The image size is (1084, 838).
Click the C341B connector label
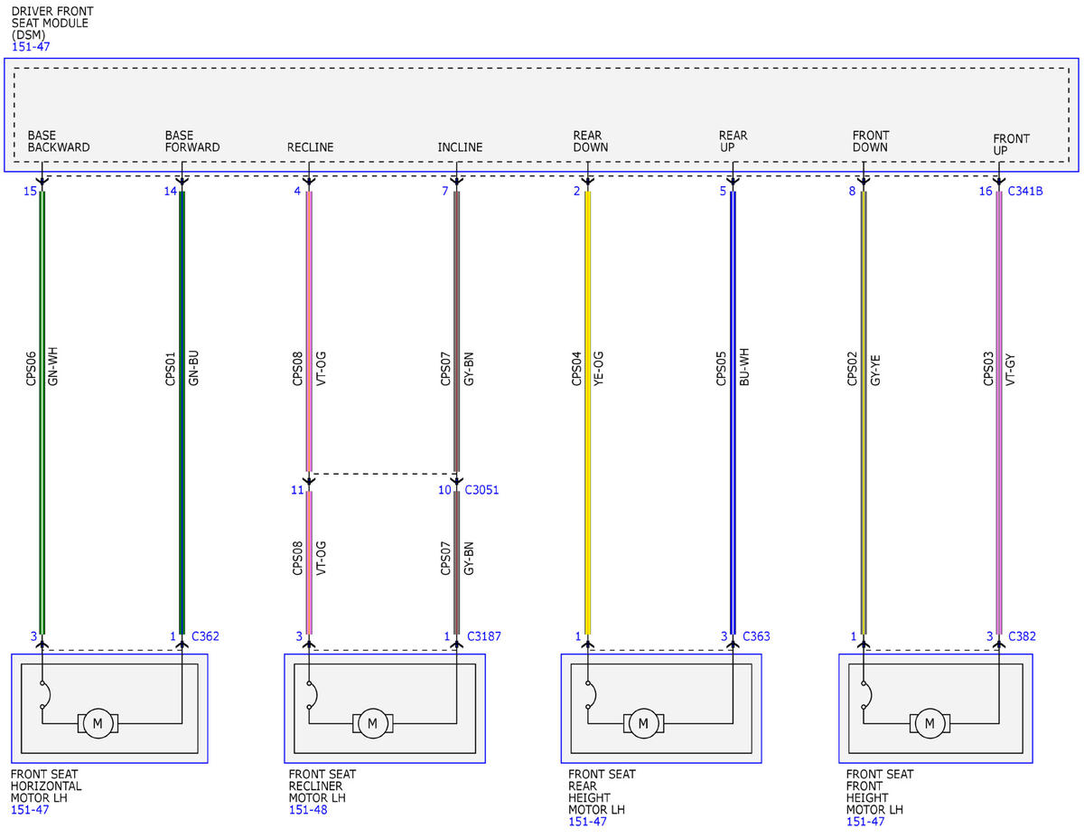tap(1024, 191)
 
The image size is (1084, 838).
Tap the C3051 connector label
tap(481, 490)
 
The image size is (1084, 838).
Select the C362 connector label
tap(205, 636)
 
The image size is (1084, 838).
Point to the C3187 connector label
tap(483, 636)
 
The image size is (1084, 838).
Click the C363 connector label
tap(756, 636)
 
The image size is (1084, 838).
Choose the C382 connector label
tap(1022, 636)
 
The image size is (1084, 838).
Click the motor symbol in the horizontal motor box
tap(98, 723)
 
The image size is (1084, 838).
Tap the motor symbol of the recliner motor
tap(373, 723)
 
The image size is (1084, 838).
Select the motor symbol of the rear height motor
tap(643, 723)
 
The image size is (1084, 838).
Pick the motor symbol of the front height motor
tap(930, 723)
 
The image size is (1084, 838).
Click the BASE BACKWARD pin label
tap(59, 141)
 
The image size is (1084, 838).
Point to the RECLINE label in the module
tap(310, 147)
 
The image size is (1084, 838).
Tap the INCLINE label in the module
tap(460, 147)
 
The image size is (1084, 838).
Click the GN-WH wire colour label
tap(53, 366)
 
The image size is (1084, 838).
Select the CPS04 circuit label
tap(576, 369)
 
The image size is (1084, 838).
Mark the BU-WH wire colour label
tap(744, 367)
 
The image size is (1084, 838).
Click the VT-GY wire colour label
tap(1010, 370)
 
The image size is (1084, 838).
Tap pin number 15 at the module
tap(30, 191)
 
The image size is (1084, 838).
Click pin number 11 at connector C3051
tap(297, 490)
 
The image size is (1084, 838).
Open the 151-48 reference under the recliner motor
tap(308, 810)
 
